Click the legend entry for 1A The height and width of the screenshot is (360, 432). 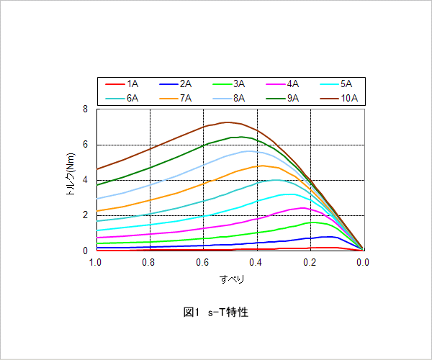122,84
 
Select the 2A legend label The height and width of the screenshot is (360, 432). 175,84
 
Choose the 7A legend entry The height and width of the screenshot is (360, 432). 175,98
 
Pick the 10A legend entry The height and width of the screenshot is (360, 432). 339,98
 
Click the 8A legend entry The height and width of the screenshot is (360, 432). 229,98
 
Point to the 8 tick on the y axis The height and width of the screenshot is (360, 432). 86,109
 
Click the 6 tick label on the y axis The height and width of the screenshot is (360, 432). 86,144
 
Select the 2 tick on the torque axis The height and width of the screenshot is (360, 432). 86,215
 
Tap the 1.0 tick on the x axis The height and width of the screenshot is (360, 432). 95,262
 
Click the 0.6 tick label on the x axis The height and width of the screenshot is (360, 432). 202,262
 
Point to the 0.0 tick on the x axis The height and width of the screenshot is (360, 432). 363,262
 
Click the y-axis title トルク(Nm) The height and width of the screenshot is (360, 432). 71,174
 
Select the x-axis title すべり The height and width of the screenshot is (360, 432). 232,279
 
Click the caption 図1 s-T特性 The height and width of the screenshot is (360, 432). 216,312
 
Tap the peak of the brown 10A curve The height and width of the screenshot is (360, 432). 228,122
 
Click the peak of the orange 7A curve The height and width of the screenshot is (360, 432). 262,166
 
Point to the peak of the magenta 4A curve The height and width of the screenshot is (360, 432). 303,208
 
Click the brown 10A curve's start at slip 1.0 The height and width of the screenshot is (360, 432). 97,169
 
